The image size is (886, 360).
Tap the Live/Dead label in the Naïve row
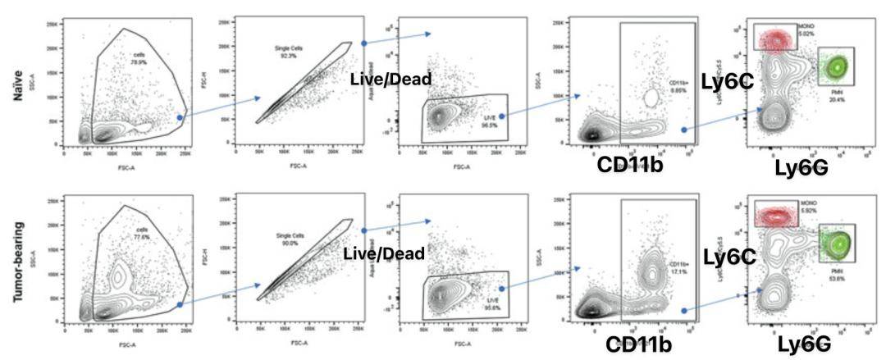tap(390, 79)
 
